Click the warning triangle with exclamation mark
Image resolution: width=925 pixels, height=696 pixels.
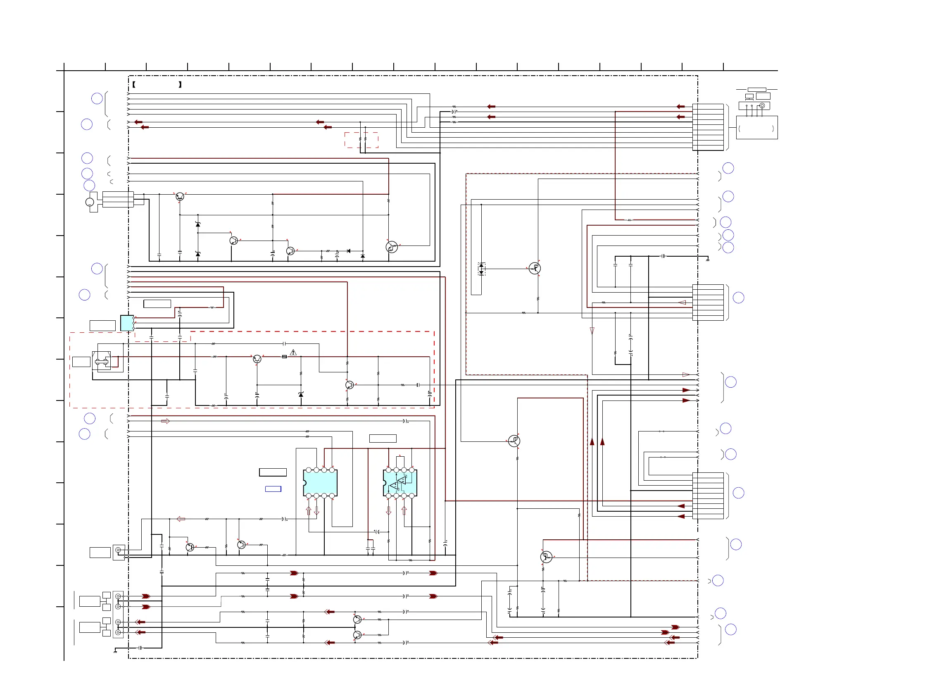[x=293, y=353]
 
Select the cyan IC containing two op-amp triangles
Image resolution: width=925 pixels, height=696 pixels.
[x=400, y=483]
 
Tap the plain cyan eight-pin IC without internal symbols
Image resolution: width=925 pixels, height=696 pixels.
[x=320, y=483]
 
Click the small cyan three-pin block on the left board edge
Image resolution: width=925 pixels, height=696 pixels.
[x=127, y=323]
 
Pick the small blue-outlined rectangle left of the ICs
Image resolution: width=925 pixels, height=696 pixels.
[x=273, y=489]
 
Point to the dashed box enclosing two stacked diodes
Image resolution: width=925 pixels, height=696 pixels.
[x=481, y=269]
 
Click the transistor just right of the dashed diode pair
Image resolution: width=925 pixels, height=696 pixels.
[x=535, y=268]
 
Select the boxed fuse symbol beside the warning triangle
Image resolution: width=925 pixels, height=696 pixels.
[x=284, y=357]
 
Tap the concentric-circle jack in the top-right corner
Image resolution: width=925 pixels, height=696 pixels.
[x=762, y=106]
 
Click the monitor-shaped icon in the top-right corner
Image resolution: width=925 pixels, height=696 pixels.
[x=749, y=97]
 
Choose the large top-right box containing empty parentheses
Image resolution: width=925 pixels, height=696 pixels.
[x=756, y=128]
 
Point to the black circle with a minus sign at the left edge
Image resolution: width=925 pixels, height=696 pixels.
[x=90, y=202]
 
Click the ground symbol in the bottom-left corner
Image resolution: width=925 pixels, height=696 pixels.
[x=115, y=651]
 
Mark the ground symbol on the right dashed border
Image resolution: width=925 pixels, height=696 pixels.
[x=707, y=260]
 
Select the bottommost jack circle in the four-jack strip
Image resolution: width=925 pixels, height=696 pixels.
[x=118, y=632]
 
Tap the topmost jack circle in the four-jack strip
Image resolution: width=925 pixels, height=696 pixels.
[x=118, y=596]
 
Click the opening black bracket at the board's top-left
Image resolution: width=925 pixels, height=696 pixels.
[x=134, y=84]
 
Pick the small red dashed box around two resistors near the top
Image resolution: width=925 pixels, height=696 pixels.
[x=361, y=140]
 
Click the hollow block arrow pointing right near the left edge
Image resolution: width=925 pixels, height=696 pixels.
[x=165, y=421]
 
